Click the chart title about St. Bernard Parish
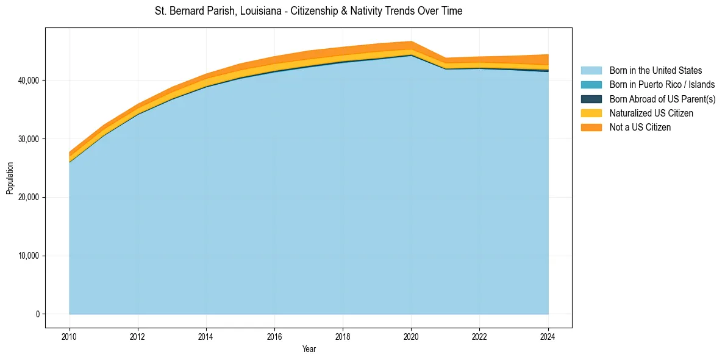pos(309,11)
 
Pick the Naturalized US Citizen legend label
pos(651,113)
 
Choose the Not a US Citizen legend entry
pos(640,128)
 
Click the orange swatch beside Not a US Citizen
pos(591,128)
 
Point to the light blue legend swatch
pos(591,71)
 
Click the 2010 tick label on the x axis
pos(70,336)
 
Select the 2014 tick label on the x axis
pos(206,336)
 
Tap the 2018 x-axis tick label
pos(343,336)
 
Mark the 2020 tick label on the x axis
pos(412,336)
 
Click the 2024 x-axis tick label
pos(548,336)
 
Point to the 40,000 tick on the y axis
pos(28,81)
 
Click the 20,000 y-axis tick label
pos(28,198)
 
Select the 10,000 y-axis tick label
pos(28,256)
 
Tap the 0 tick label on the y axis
pos(37,314)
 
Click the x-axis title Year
pos(309,349)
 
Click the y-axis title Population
pos(10,178)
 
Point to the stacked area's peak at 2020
pos(412,42)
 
